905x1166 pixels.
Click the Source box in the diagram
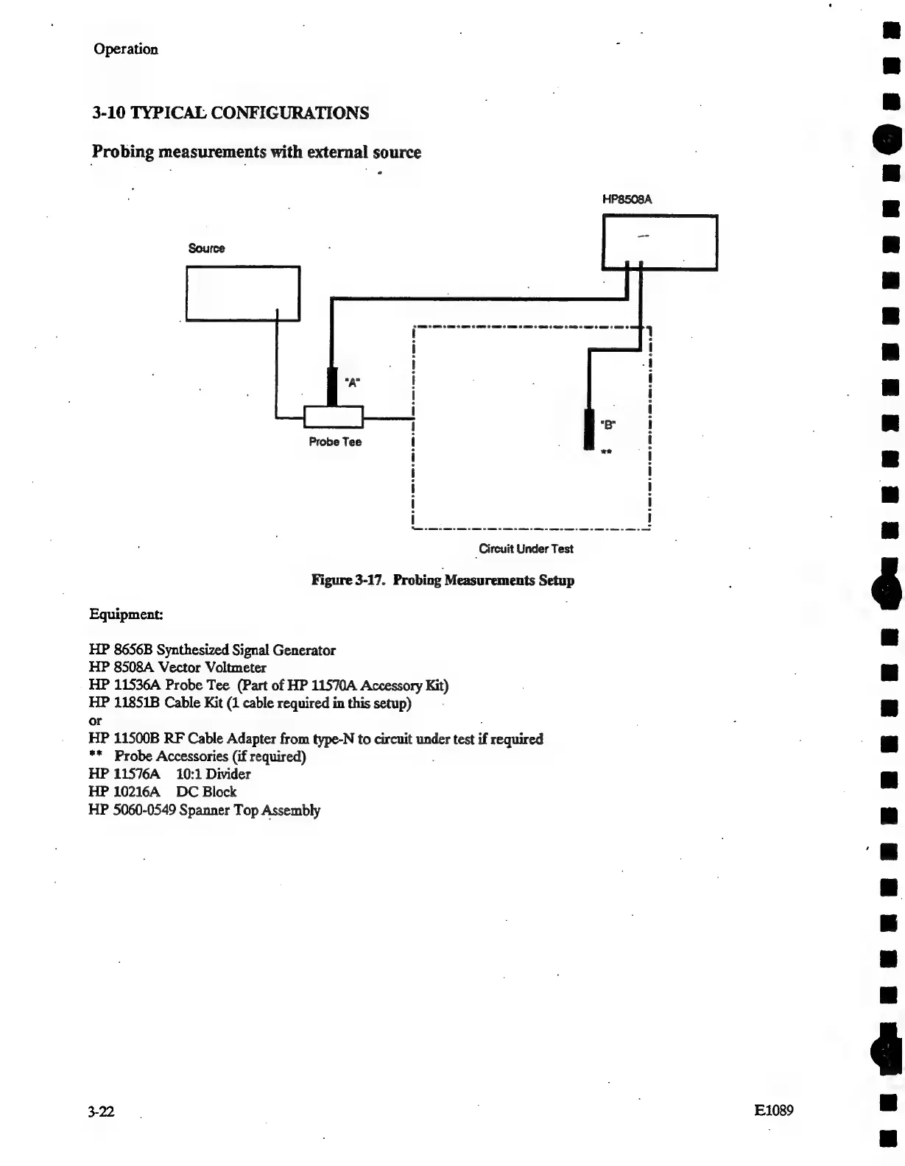click(x=243, y=293)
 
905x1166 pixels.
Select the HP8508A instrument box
click(x=660, y=242)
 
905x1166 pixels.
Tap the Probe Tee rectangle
click(x=334, y=417)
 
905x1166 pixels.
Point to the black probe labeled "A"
click(x=331, y=386)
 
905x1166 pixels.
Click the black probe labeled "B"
click(x=588, y=429)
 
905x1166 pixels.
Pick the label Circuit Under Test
click(x=526, y=548)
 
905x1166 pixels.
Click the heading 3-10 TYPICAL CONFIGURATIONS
click(x=230, y=113)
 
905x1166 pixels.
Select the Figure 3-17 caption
click(x=443, y=580)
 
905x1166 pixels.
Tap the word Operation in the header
click(x=126, y=49)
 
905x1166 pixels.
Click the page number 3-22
click(x=100, y=1111)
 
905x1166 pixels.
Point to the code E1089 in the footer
click(x=773, y=1110)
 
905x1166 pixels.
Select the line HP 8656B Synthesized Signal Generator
click(x=212, y=650)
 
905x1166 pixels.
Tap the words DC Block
click(x=206, y=791)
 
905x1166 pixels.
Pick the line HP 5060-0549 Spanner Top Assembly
click(x=204, y=810)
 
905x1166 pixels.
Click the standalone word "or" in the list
click(x=95, y=721)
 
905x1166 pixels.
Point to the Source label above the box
click(x=206, y=248)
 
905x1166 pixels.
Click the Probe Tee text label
click(x=335, y=442)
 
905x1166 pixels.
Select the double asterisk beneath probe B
click(x=606, y=452)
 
